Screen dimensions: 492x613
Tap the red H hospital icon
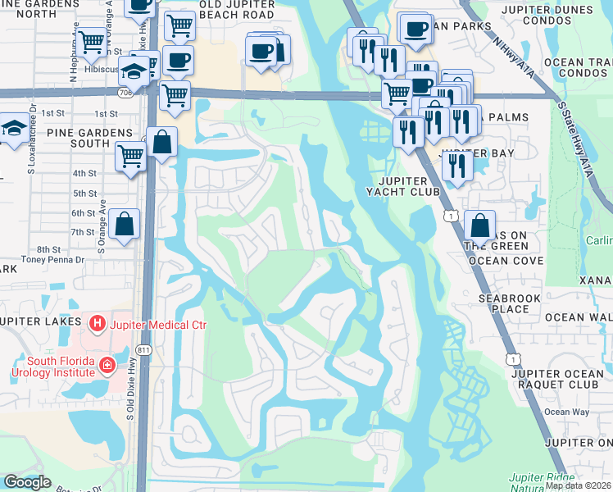(x=98, y=325)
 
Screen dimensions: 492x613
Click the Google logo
(x=26, y=482)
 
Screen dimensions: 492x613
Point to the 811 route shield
(x=144, y=350)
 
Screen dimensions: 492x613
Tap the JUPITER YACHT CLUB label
(x=402, y=186)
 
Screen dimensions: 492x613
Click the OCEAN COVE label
(x=506, y=261)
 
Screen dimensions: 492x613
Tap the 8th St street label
(x=49, y=249)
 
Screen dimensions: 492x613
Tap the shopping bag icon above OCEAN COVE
(x=479, y=225)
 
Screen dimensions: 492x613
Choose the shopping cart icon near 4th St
(x=130, y=155)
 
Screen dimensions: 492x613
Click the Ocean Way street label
(x=567, y=412)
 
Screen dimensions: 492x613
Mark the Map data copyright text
(x=579, y=485)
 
